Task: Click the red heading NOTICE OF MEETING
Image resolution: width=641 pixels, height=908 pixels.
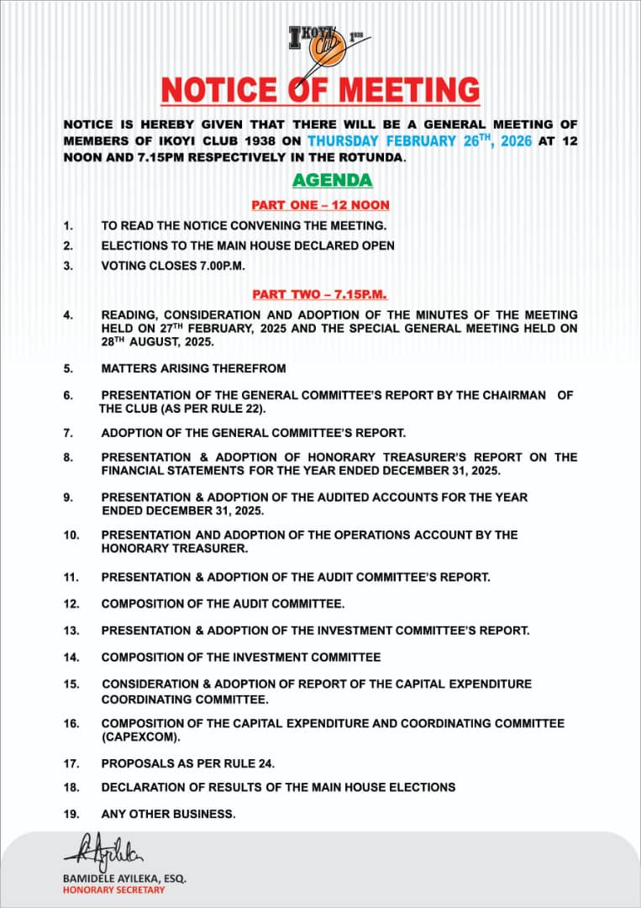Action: point(320,89)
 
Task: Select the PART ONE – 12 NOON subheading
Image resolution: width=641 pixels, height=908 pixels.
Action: point(320,205)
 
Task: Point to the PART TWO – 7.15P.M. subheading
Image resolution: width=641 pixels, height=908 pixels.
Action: point(320,294)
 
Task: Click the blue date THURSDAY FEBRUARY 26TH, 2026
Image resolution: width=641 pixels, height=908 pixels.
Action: point(419,141)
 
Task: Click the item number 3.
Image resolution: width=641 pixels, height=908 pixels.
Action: point(68,266)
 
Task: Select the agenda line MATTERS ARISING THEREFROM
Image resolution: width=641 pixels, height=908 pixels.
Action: point(193,368)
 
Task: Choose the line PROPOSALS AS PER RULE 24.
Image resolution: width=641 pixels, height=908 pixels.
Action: point(188,763)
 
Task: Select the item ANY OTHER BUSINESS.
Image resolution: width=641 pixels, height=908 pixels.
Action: point(168,814)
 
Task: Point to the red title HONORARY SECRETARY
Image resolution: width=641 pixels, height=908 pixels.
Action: point(114,890)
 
